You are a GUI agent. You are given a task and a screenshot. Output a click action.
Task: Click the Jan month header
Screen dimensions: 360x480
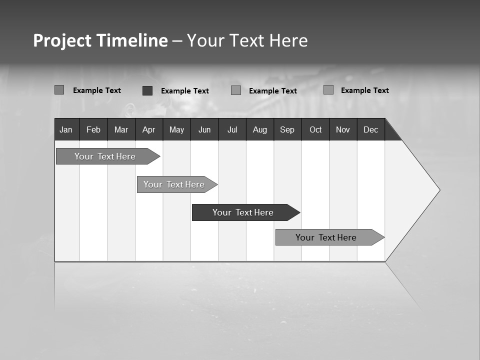66,129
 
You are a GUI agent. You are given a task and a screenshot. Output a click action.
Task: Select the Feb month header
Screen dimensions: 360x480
93,129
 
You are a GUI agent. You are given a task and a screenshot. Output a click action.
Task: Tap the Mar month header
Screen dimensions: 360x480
121,129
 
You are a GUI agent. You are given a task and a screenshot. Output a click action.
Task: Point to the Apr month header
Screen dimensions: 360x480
148,129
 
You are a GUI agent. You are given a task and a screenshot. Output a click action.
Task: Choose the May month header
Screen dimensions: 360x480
176,129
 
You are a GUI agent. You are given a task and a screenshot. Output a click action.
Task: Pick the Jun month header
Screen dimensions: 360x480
204,129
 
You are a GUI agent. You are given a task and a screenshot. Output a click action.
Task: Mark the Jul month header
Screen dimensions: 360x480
232,129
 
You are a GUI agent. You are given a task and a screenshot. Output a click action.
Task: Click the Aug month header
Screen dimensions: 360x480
260,129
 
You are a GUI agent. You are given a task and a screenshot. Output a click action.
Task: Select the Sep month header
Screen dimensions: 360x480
287,129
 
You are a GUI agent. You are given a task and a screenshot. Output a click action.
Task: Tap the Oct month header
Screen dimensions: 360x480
315,129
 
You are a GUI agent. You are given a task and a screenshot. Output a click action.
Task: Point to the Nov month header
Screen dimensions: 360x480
343,129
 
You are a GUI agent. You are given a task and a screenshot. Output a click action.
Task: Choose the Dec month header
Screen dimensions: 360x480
371,129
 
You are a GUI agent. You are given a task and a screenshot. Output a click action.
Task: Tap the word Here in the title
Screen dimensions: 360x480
288,40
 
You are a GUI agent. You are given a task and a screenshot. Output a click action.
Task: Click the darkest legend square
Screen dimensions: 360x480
147,90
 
